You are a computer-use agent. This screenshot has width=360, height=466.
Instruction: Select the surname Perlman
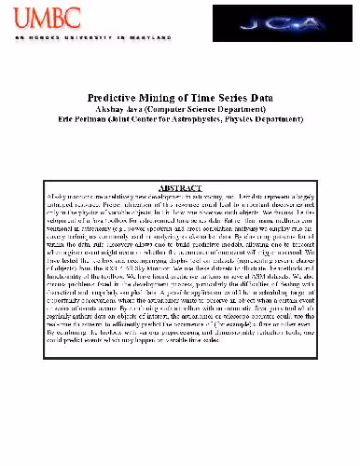pyautogui.click(x=90, y=119)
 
